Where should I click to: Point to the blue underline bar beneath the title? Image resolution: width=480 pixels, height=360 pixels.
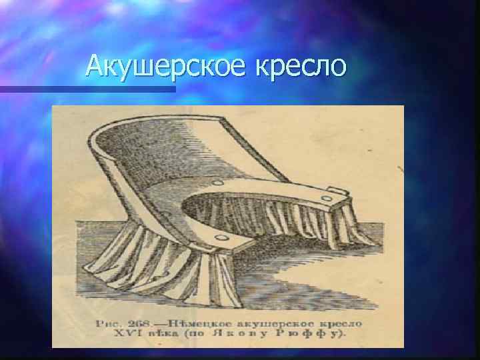coord(87,88)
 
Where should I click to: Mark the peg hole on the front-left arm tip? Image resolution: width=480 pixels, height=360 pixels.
coord(215,236)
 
